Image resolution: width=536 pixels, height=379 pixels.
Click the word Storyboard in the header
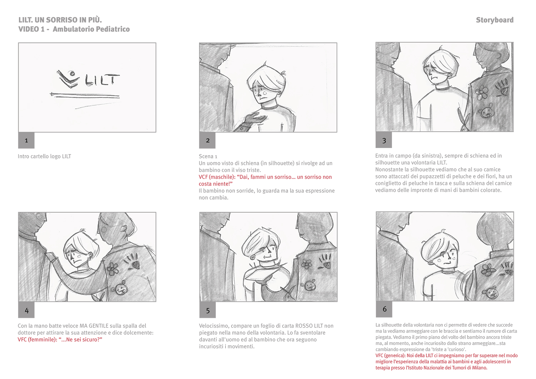click(x=495, y=20)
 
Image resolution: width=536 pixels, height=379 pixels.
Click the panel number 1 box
click(x=26, y=141)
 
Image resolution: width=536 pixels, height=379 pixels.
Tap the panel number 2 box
click(x=207, y=141)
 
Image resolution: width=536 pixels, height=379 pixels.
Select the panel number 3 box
click(x=384, y=140)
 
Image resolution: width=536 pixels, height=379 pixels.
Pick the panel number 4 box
click(x=26, y=310)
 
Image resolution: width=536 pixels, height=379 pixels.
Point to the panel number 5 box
click(x=208, y=310)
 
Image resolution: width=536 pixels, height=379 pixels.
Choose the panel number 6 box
click(x=384, y=309)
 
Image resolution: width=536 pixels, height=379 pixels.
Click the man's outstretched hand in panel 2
click(x=256, y=118)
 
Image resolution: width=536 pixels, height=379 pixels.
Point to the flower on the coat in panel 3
click(x=482, y=92)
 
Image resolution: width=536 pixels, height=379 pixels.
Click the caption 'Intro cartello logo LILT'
click(x=45, y=156)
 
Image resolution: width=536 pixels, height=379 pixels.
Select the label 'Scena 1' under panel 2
click(x=208, y=156)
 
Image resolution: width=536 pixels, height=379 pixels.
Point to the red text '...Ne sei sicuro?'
click(x=80, y=339)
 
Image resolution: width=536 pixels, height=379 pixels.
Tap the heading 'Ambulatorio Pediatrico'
click(x=91, y=29)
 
